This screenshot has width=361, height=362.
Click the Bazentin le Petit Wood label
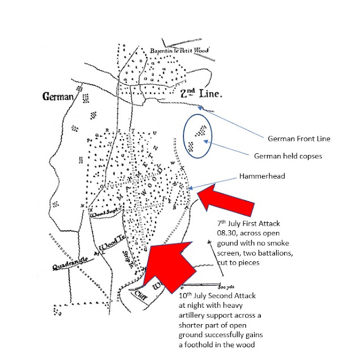[179, 52]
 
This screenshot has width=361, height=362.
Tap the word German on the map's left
[59, 97]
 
